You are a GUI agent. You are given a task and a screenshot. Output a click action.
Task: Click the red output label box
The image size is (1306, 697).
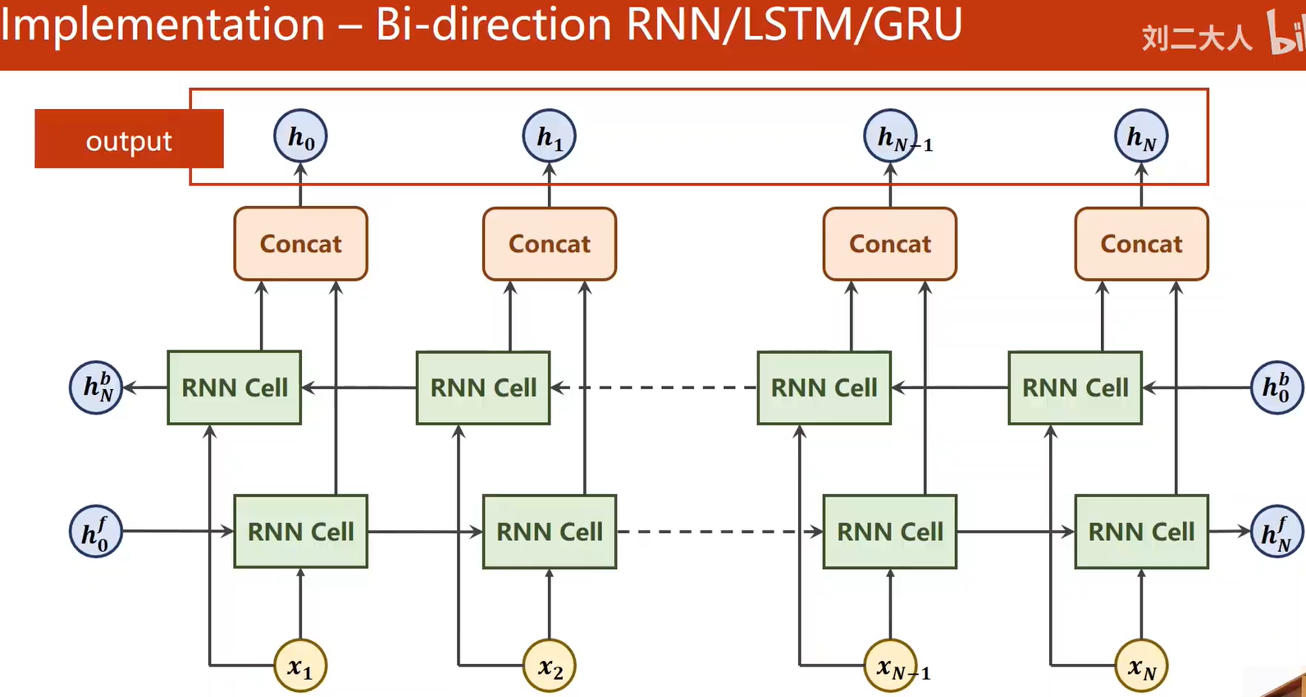(x=128, y=139)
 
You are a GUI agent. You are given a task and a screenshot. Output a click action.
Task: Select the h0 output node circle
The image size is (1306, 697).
(x=300, y=136)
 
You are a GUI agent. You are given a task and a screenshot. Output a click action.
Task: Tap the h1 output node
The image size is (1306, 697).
(x=549, y=136)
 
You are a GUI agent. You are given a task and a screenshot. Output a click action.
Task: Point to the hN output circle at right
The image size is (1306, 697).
(x=1140, y=136)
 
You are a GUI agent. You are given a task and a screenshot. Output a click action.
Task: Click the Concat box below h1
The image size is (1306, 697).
(x=549, y=244)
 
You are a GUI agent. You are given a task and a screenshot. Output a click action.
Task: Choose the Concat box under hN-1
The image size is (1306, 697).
(x=889, y=244)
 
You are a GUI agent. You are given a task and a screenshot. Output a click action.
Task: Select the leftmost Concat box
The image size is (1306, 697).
(x=300, y=244)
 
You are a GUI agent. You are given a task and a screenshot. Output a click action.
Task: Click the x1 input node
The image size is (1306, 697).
(x=300, y=666)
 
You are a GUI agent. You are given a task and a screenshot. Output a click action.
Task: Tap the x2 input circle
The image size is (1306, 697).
(x=549, y=666)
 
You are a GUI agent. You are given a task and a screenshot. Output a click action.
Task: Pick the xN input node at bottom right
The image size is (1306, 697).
(x=1140, y=666)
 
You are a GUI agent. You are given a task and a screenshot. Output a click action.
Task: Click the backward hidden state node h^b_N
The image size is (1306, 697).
(x=96, y=387)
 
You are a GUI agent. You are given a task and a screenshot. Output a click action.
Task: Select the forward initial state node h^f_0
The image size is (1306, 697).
(x=96, y=532)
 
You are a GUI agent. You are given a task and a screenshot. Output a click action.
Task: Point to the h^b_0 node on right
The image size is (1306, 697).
(x=1276, y=387)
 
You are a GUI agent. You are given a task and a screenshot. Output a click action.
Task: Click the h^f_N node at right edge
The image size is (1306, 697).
(x=1276, y=532)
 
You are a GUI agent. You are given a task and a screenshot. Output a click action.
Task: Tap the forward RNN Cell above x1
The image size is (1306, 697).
(x=300, y=532)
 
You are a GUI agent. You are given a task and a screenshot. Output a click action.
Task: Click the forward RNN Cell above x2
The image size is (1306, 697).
(x=549, y=532)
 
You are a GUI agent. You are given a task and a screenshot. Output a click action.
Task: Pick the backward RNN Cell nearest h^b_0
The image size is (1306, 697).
(x=1075, y=387)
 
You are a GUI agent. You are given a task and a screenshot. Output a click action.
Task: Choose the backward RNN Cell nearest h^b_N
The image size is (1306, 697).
(x=234, y=387)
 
